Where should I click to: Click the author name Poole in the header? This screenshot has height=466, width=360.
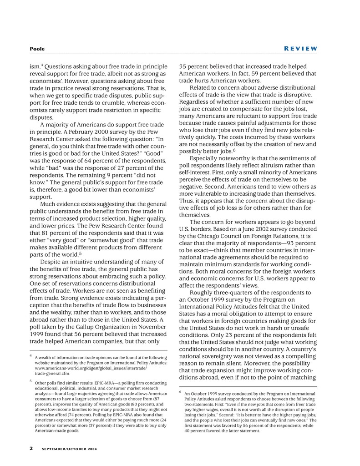37,49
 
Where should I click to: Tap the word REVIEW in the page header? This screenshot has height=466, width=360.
301,49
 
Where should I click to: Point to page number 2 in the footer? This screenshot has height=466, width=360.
31,448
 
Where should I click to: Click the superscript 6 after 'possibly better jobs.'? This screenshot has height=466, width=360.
234,150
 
